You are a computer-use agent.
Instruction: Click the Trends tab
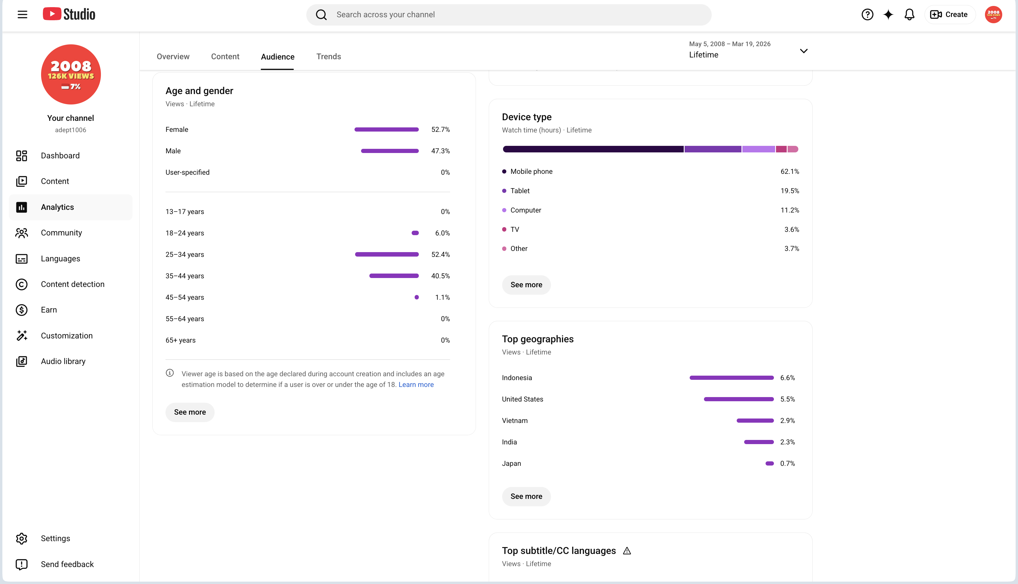pos(329,57)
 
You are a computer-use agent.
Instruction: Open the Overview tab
pos(173,57)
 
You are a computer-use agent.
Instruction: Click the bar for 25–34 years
pos(387,254)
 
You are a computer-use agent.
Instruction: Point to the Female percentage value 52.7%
pos(441,129)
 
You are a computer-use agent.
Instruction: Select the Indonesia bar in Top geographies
pos(732,378)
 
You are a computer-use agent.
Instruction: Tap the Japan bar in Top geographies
pos(770,463)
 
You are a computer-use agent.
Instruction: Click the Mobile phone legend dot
pos(504,172)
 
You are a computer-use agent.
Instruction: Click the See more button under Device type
pos(526,285)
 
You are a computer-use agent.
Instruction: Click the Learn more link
pos(416,385)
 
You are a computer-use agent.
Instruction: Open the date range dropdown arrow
pos(803,51)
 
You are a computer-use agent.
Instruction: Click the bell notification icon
pos(909,15)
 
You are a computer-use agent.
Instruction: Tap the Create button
pos(950,15)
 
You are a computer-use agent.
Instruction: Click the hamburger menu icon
pos(22,15)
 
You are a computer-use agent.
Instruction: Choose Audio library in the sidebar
pos(63,361)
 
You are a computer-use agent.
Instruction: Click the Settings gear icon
pos(22,538)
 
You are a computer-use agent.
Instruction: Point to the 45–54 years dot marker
pos(417,297)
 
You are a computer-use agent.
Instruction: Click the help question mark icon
pos(867,15)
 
